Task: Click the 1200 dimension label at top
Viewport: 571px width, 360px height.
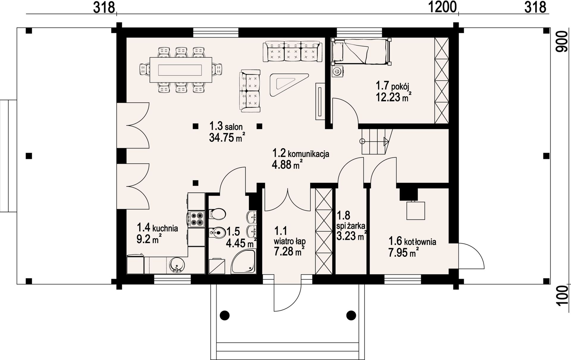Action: point(442,7)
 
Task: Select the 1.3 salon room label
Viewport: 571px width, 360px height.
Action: point(226,126)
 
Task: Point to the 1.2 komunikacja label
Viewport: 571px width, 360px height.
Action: point(301,153)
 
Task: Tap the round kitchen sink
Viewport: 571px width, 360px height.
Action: point(177,265)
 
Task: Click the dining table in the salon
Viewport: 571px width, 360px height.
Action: point(181,70)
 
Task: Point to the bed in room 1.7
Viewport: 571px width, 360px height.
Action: point(361,52)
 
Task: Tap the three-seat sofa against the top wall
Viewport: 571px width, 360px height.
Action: point(292,52)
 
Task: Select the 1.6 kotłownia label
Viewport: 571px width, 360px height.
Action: point(412,241)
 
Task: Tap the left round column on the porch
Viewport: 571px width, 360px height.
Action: point(225,315)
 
